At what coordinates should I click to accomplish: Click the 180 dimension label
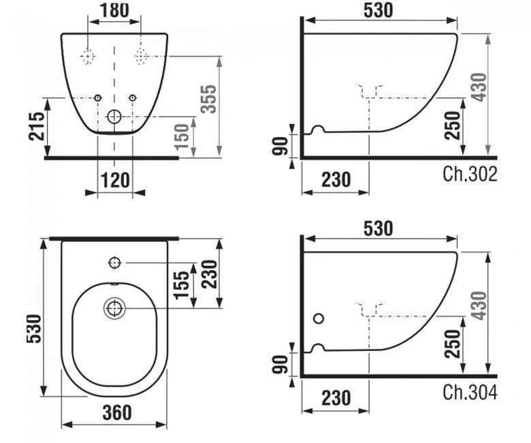(x=114, y=10)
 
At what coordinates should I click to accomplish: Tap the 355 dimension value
(x=208, y=99)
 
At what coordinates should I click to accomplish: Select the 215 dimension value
(x=36, y=126)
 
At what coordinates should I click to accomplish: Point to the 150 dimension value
(x=182, y=136)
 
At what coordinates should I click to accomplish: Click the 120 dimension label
(x=115, y=180)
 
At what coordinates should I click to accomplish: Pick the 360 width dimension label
(x=117, y=412)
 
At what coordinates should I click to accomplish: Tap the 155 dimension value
(x=182, y=285)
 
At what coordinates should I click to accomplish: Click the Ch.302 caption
(x=470, y=174)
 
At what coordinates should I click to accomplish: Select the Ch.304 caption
(x=470, y=393)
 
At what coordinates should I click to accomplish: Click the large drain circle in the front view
(x=114, y=117)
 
